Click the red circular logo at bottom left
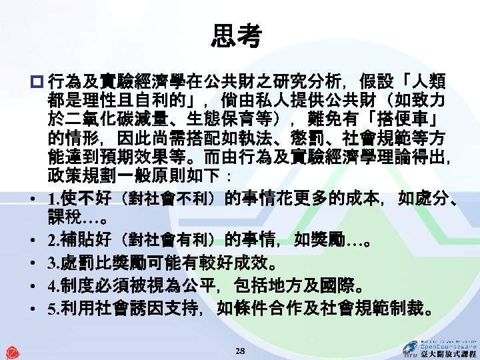(12, 351)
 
